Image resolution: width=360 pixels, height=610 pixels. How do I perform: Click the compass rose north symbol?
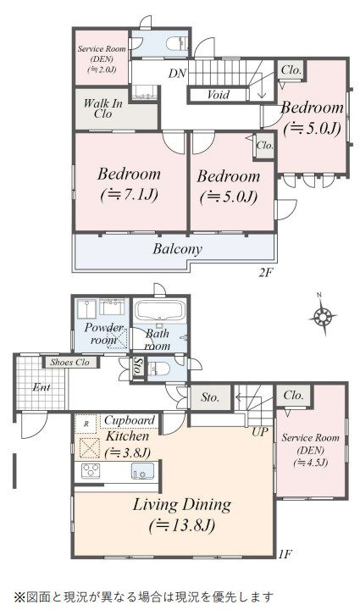(x=322, y=315)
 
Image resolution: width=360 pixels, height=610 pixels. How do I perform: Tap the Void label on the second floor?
(x=218, y=95)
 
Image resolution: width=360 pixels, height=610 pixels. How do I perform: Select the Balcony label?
(x=177, y=248)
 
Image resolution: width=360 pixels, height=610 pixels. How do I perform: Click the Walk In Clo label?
(x=103, y=108)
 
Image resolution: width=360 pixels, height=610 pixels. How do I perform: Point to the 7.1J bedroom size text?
(x=130, y=195)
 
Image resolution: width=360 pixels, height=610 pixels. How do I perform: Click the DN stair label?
(x=177, y=73)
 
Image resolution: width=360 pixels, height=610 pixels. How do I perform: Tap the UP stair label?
(x=260, y=431)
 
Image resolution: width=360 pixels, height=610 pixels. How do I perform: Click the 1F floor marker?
(x=285, y=553)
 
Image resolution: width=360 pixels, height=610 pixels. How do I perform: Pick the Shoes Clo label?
(x=70, y=363)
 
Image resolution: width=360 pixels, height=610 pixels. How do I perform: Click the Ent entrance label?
(x=42, y=387)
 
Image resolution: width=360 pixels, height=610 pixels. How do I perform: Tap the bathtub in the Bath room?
(x=160, y=310)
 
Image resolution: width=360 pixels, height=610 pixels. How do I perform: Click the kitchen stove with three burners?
(x=91, y=471)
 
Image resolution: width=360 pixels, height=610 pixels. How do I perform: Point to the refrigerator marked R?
(x=86, y=424)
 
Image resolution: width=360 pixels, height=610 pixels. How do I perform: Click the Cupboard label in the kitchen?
(x=130, y=420)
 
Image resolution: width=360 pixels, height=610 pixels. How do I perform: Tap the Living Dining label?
(x=182, y=505)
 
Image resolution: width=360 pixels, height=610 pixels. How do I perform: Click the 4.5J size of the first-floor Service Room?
(x=311, y=463)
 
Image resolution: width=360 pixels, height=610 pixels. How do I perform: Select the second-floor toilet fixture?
(x=177, y=43)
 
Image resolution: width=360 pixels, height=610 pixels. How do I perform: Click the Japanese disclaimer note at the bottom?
(x=144, y=596)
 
